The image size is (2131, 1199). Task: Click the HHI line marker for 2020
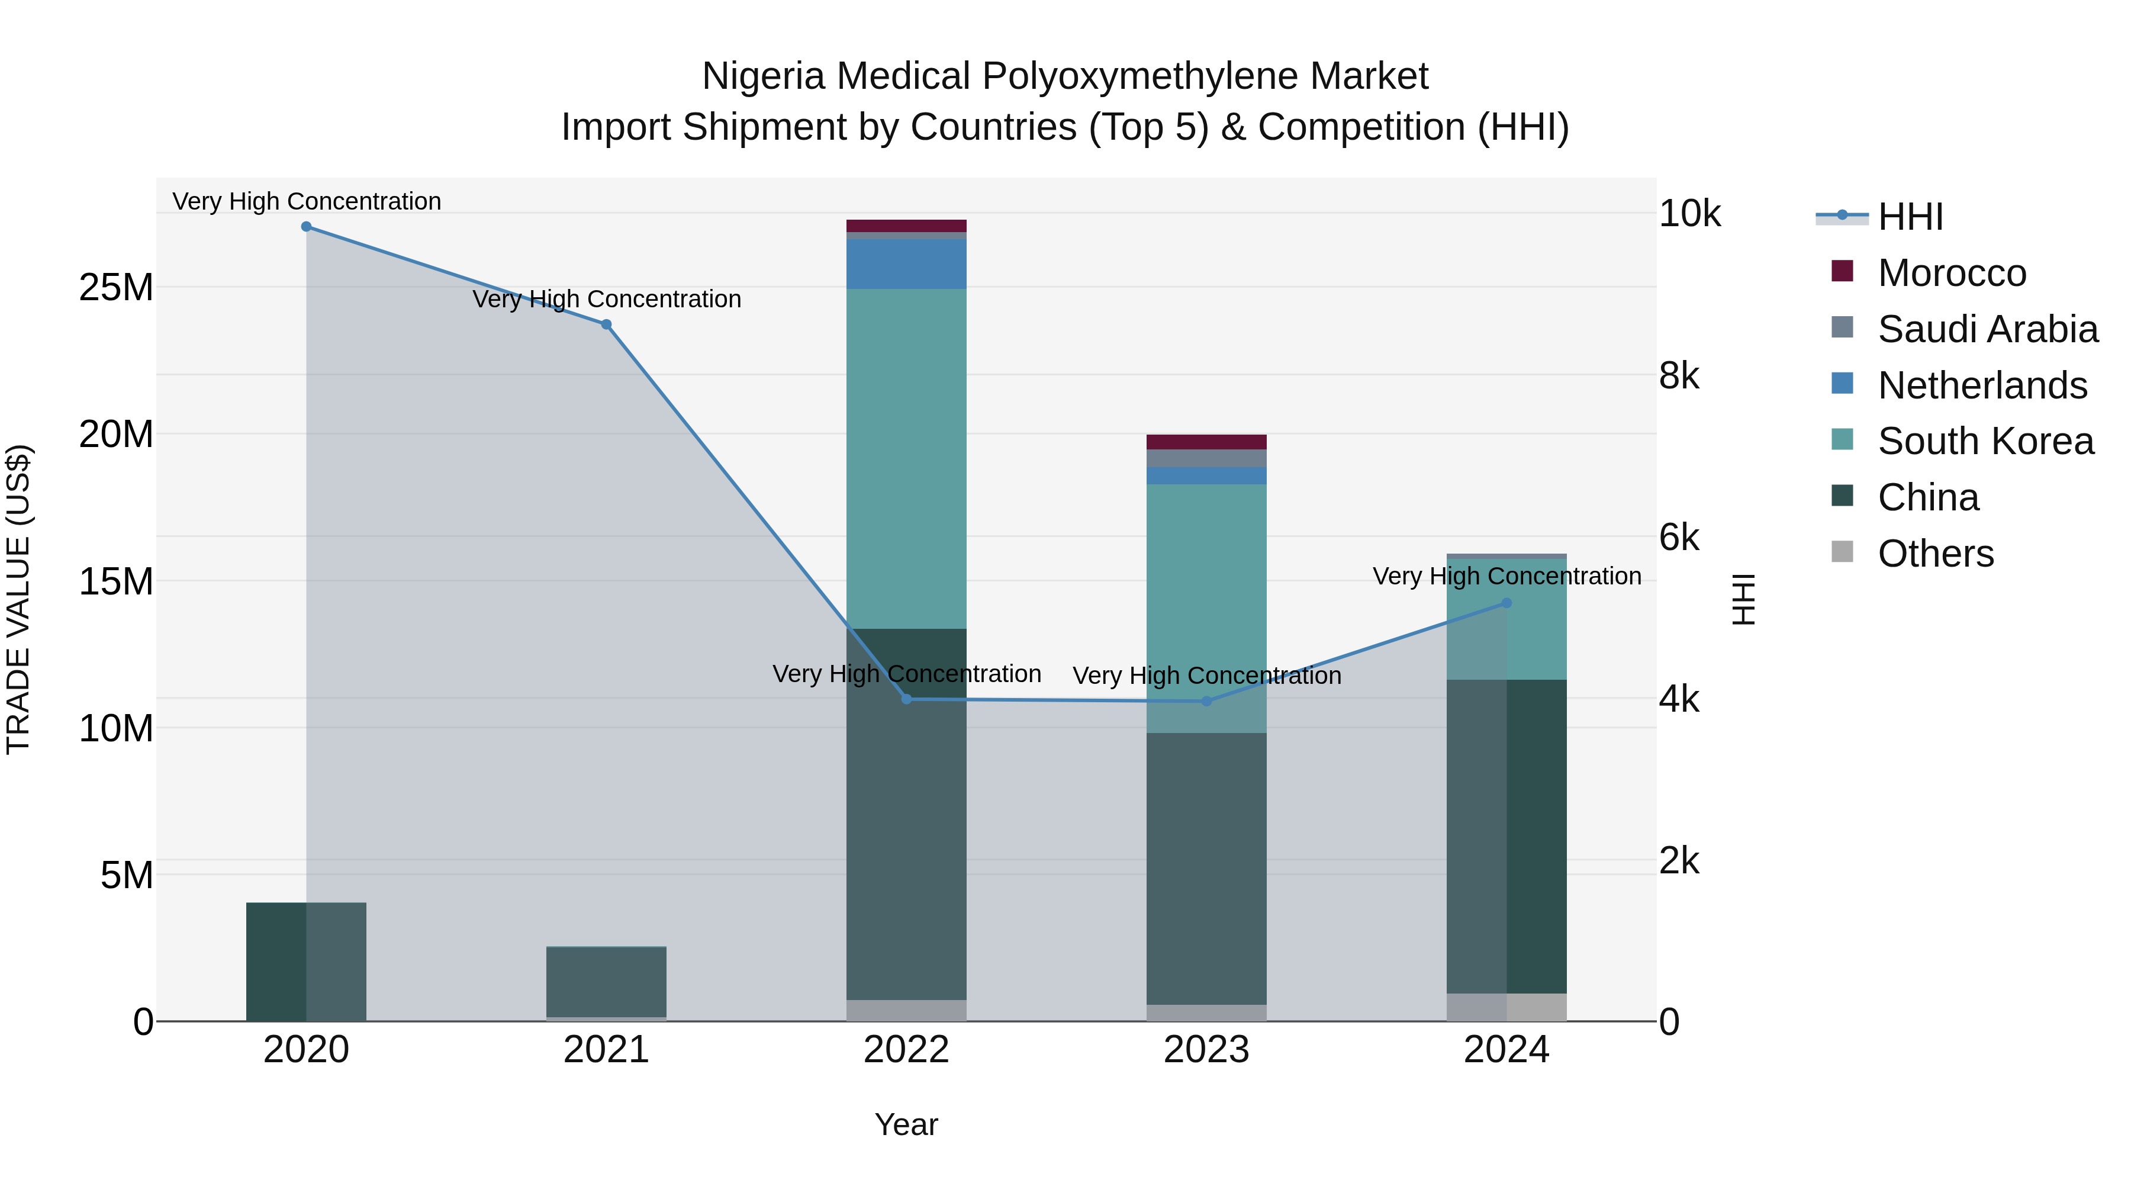pyautogui.click(x=306, y=227)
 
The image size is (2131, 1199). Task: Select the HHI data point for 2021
pyautogui.click(x=606, y=324)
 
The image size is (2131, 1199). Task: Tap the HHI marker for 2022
pyautogui.click(x=906, y=699)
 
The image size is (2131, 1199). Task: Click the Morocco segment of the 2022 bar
pyautogui.click(x=906, y=226)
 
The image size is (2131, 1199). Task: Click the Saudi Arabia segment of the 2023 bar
pyautogui.click(x=1206, y=458)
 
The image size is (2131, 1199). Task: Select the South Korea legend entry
pyautogui.click(x=1985, y=441)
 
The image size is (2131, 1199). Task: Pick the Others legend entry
pyautogui.click(x=1935, y=554)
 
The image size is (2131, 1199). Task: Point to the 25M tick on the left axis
pyautogui.click(x=116, y=287)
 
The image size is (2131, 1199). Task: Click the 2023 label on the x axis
pyautogui.click(x=1206, y=1050)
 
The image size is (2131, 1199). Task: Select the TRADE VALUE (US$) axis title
pyautogui.click(x=19, y=599)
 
